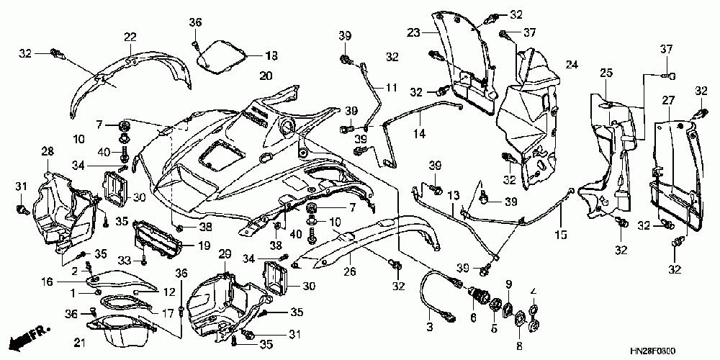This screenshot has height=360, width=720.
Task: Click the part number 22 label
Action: [x=130, y=37]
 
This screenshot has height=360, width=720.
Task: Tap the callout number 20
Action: [x=266, y=75]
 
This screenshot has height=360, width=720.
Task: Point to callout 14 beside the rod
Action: [x=418, y=134]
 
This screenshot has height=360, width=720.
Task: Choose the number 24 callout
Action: [x=572, y=66]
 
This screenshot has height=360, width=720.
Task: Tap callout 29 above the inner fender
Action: [x=225, y=254]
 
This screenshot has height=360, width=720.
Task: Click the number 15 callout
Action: [x=560, y=235]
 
